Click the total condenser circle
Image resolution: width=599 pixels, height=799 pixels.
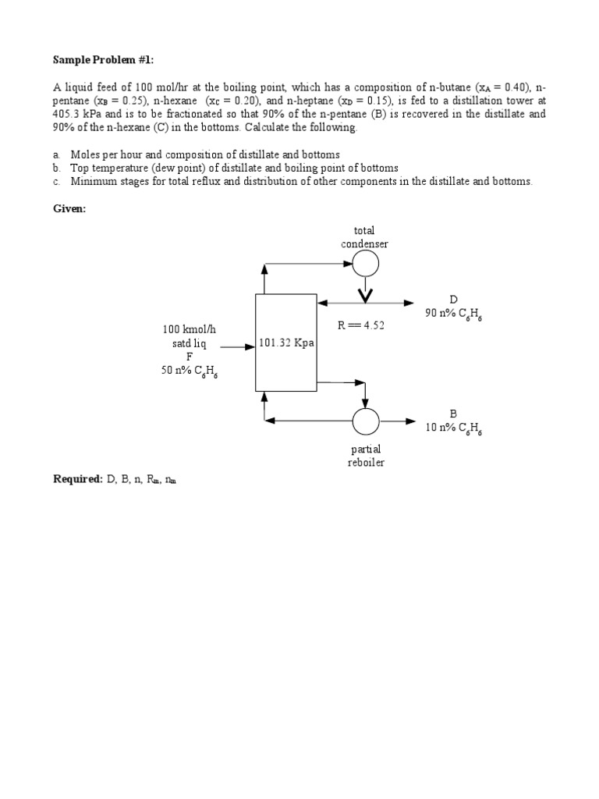pos(365,264)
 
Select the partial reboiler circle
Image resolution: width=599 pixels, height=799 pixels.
pos(365,421)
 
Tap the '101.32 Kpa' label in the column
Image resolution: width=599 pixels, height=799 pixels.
pos(286,343)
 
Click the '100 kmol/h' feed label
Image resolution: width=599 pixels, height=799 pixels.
pos(189,329)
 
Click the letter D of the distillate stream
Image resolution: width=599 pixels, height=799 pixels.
pos(453,300)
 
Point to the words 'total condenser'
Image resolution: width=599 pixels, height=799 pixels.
pos(364,237)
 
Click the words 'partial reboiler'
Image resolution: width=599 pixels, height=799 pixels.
pos(365,456)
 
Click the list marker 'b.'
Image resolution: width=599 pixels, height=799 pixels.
pos(57,168)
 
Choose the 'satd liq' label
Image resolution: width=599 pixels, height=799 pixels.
pos(189,344)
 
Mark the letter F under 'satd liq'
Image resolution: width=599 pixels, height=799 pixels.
pos(189,357)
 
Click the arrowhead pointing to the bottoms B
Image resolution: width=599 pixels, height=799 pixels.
pos(411,421)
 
